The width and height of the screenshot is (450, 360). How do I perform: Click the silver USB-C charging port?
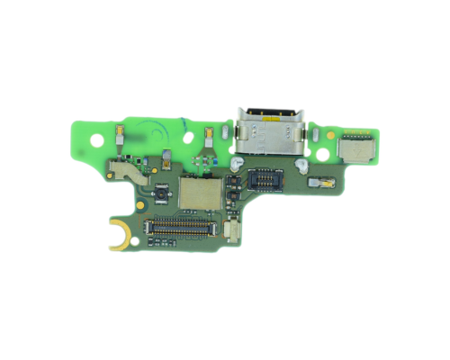tap(267, 127)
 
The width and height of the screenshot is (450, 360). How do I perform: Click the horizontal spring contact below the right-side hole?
tap(319, 183)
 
